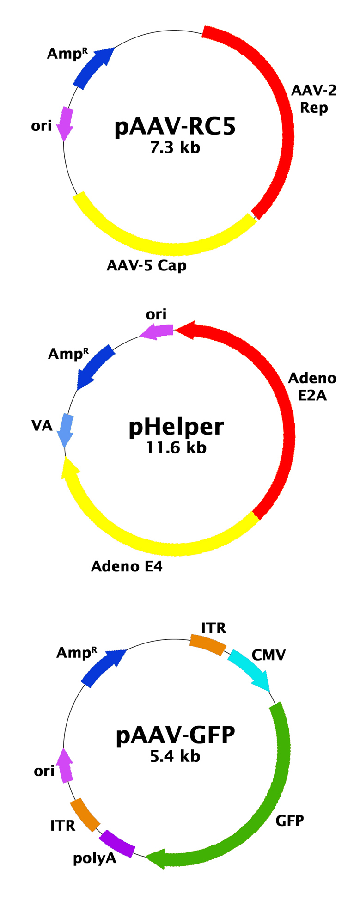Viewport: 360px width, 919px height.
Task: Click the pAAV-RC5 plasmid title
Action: click(x=175, y=127)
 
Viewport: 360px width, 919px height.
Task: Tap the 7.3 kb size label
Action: click(x=175, y=147)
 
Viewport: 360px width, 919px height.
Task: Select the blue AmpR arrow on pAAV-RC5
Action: click(x=94, y=67)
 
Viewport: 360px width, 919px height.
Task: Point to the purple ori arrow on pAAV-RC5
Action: click(x=65, y=123)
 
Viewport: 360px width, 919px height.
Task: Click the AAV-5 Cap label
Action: click(x=146, y=265)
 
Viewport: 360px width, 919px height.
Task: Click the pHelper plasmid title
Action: click(x=176, y=427)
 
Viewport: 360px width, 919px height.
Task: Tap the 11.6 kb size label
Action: click(x=176, y=447)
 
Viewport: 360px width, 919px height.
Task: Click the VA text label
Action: click(x=42, y=425)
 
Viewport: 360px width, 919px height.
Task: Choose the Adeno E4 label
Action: click(x=127, y=566)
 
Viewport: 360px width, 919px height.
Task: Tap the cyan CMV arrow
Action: click(x=250, y=670)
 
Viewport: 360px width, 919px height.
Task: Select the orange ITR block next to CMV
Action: click(x=208, y=644)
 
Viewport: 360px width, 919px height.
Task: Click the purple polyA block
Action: click(x=116, y=844)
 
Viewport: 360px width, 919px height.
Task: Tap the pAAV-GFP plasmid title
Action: click(x=176, y=735)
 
